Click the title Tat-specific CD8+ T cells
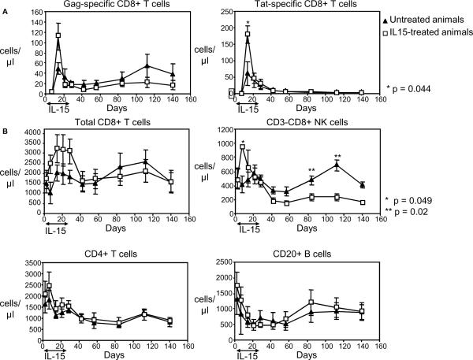(x=309, y=6)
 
